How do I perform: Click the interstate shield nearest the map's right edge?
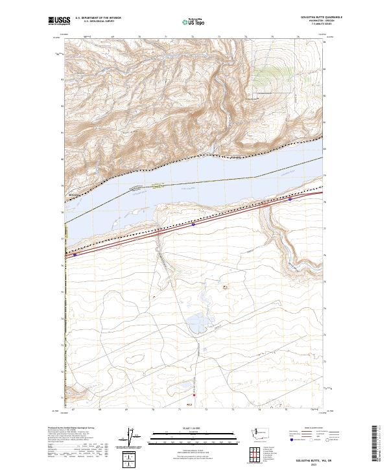click(290, 200)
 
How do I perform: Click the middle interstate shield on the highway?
click(194, 225)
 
